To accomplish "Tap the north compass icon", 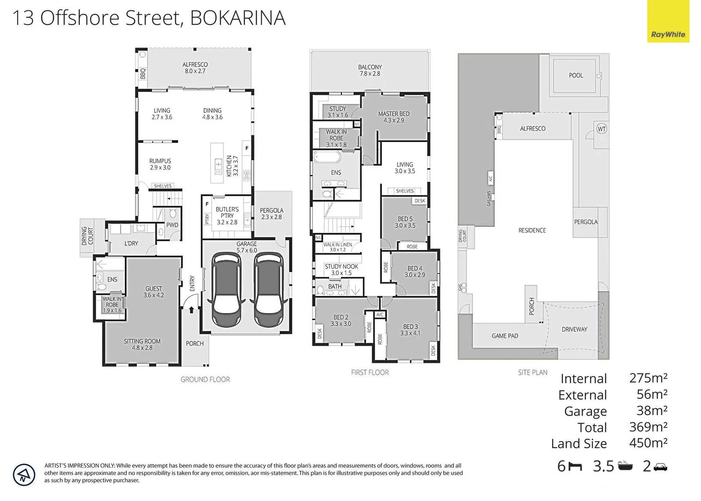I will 24,475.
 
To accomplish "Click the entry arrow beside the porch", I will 191,309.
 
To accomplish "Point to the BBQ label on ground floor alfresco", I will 143,74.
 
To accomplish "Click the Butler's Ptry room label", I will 227,216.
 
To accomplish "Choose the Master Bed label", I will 393,117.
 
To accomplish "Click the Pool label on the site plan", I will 576,75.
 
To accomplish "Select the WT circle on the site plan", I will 601,129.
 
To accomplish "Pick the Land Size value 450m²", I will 648,443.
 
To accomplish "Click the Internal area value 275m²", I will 648,378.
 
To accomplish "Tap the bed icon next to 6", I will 575,466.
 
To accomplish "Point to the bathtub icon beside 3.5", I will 625,466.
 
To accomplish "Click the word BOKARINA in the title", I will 238,18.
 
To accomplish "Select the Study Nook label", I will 341,270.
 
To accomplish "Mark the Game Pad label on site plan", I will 505,336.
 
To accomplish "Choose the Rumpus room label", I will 160,164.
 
